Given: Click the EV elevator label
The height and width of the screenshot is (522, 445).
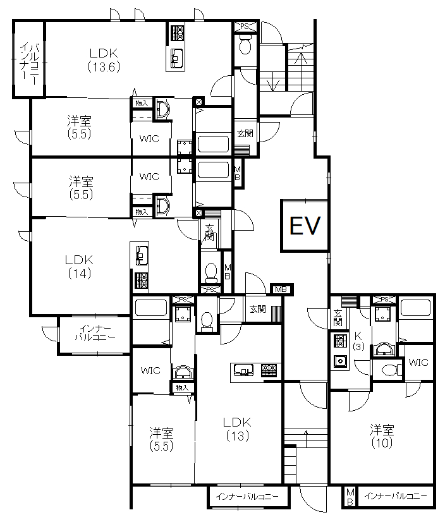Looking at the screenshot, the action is (305, 226).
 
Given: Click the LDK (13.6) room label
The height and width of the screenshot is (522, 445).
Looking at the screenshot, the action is (104, 60).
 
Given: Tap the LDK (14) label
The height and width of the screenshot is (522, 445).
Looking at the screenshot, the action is (79, 267).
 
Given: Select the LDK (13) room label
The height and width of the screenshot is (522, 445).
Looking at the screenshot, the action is (237, 429).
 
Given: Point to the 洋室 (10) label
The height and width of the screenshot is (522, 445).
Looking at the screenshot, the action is (382, 436).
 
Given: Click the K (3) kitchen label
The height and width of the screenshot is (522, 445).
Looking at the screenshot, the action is (358, 341).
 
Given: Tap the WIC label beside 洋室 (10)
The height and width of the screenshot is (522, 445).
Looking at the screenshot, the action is (418, 362).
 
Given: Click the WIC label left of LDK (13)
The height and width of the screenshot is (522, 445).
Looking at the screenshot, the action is (150, 370).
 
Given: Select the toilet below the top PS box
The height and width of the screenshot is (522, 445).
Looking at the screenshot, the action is (245, 46).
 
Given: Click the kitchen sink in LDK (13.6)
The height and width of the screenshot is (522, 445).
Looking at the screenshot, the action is (176, 59).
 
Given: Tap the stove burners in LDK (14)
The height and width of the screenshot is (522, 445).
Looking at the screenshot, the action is (141, 281).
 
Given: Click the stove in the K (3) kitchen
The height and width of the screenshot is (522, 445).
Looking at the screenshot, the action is (339, 341).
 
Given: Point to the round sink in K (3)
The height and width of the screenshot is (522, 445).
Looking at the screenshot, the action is (340, 361).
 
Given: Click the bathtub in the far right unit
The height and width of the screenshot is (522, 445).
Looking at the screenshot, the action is (417, 308).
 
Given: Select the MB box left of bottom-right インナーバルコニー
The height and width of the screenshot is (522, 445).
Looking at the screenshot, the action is (350, 497).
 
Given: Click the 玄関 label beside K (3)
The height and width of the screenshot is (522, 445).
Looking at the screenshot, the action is (338, 317).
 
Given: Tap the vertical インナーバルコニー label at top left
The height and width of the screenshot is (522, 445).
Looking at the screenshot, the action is (29, 61).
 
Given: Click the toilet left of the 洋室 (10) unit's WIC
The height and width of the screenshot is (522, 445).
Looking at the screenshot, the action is (388, 370).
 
